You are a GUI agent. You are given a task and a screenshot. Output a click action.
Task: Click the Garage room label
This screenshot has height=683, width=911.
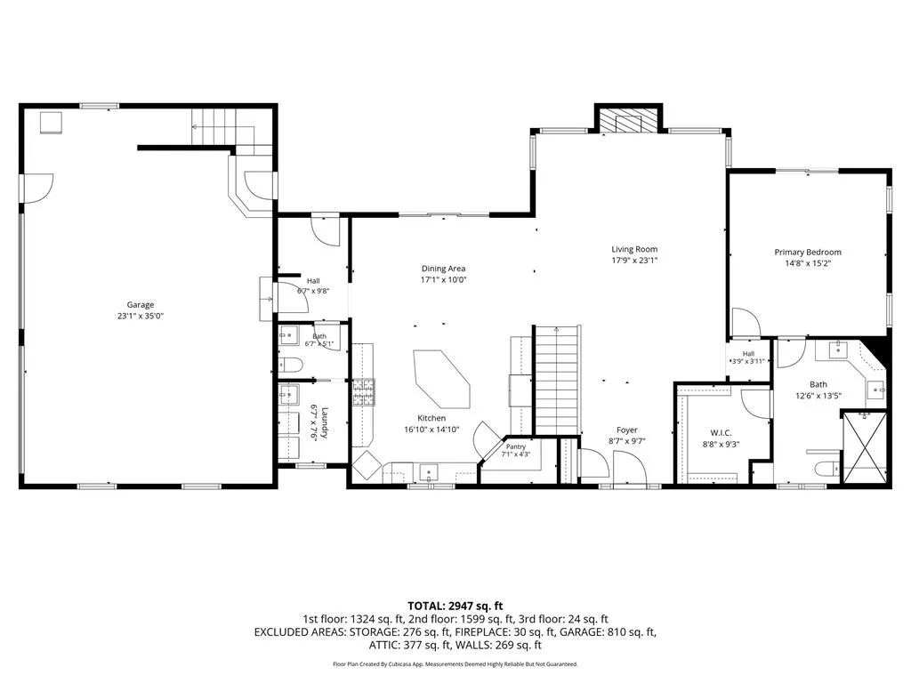point(141,305)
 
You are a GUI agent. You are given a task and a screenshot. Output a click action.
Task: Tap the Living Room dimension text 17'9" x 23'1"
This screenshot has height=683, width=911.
point(634,261)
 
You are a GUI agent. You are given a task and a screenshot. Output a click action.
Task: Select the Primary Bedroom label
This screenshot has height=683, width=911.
point(808,252)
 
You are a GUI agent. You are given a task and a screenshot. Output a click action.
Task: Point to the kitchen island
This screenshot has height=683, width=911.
point(442,379)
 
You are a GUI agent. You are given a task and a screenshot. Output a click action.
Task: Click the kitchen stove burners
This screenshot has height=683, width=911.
point(363,391)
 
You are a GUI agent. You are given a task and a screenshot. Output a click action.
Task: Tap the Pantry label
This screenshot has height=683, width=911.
point(515,446)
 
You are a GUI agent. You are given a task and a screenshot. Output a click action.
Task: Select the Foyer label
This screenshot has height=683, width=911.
point(627,430)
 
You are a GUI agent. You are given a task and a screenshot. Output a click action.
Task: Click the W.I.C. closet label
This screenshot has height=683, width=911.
point(721,433)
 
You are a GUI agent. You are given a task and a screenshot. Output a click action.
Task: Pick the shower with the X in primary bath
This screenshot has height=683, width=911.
point(865,447)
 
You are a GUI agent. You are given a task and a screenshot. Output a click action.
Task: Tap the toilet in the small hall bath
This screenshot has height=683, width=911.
point(291,366)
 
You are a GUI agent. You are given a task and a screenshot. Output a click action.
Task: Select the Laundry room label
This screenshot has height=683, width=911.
point(325,422)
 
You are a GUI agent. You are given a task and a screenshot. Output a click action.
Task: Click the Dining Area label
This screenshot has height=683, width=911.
point(443,269)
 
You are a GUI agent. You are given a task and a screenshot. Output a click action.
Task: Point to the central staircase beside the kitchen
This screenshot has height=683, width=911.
point(557,380)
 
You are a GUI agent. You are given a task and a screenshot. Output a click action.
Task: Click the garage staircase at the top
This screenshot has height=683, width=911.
point(232,132)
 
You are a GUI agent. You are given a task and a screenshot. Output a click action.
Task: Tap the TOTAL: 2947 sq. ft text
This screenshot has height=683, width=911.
point(455,607)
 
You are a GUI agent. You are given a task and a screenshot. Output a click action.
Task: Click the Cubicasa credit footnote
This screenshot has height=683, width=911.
point(455,663)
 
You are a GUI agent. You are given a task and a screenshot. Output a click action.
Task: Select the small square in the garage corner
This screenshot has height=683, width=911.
point(51,123)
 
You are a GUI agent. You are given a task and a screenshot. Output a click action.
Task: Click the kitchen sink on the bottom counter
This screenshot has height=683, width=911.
point(430,472)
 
